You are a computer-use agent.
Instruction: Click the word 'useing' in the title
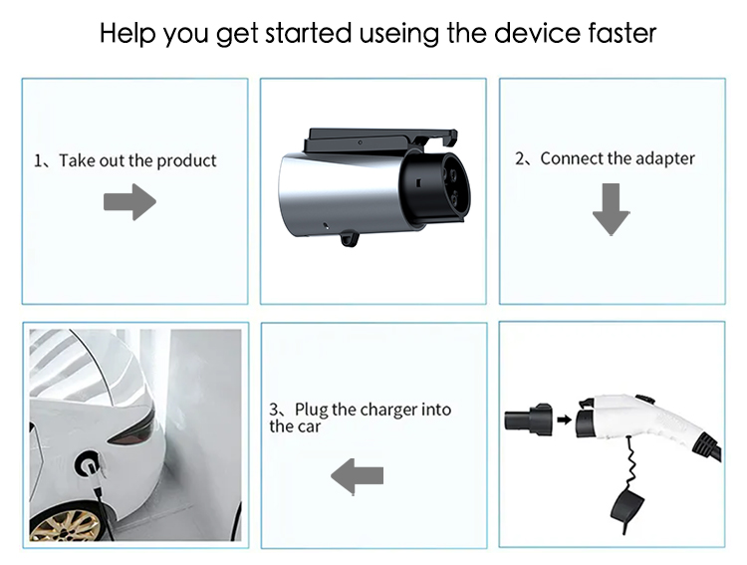(x=398, y=34)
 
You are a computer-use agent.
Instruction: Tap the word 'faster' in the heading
(x=622, y=33)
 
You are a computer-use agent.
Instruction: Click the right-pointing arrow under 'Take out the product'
(x=130, y=201)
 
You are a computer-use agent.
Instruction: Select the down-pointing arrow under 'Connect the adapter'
(x=612, y=209)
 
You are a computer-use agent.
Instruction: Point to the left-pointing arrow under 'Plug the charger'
(x=357, y=476)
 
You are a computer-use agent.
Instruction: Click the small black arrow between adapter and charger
(x=564, y=420)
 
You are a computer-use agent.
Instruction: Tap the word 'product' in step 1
(x=186, y=161)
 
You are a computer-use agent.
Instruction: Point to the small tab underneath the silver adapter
(x=350, y=237)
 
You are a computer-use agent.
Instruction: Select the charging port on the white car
(x=89, y=465)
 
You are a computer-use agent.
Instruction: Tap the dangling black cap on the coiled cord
(x=627, y=509)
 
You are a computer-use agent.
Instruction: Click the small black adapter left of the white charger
(x=528, y=420)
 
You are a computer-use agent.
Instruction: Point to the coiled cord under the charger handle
(x=632, y=461)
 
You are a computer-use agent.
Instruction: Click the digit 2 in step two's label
(x=519, y=158)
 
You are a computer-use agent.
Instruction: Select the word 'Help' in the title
(x=127, y=33)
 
